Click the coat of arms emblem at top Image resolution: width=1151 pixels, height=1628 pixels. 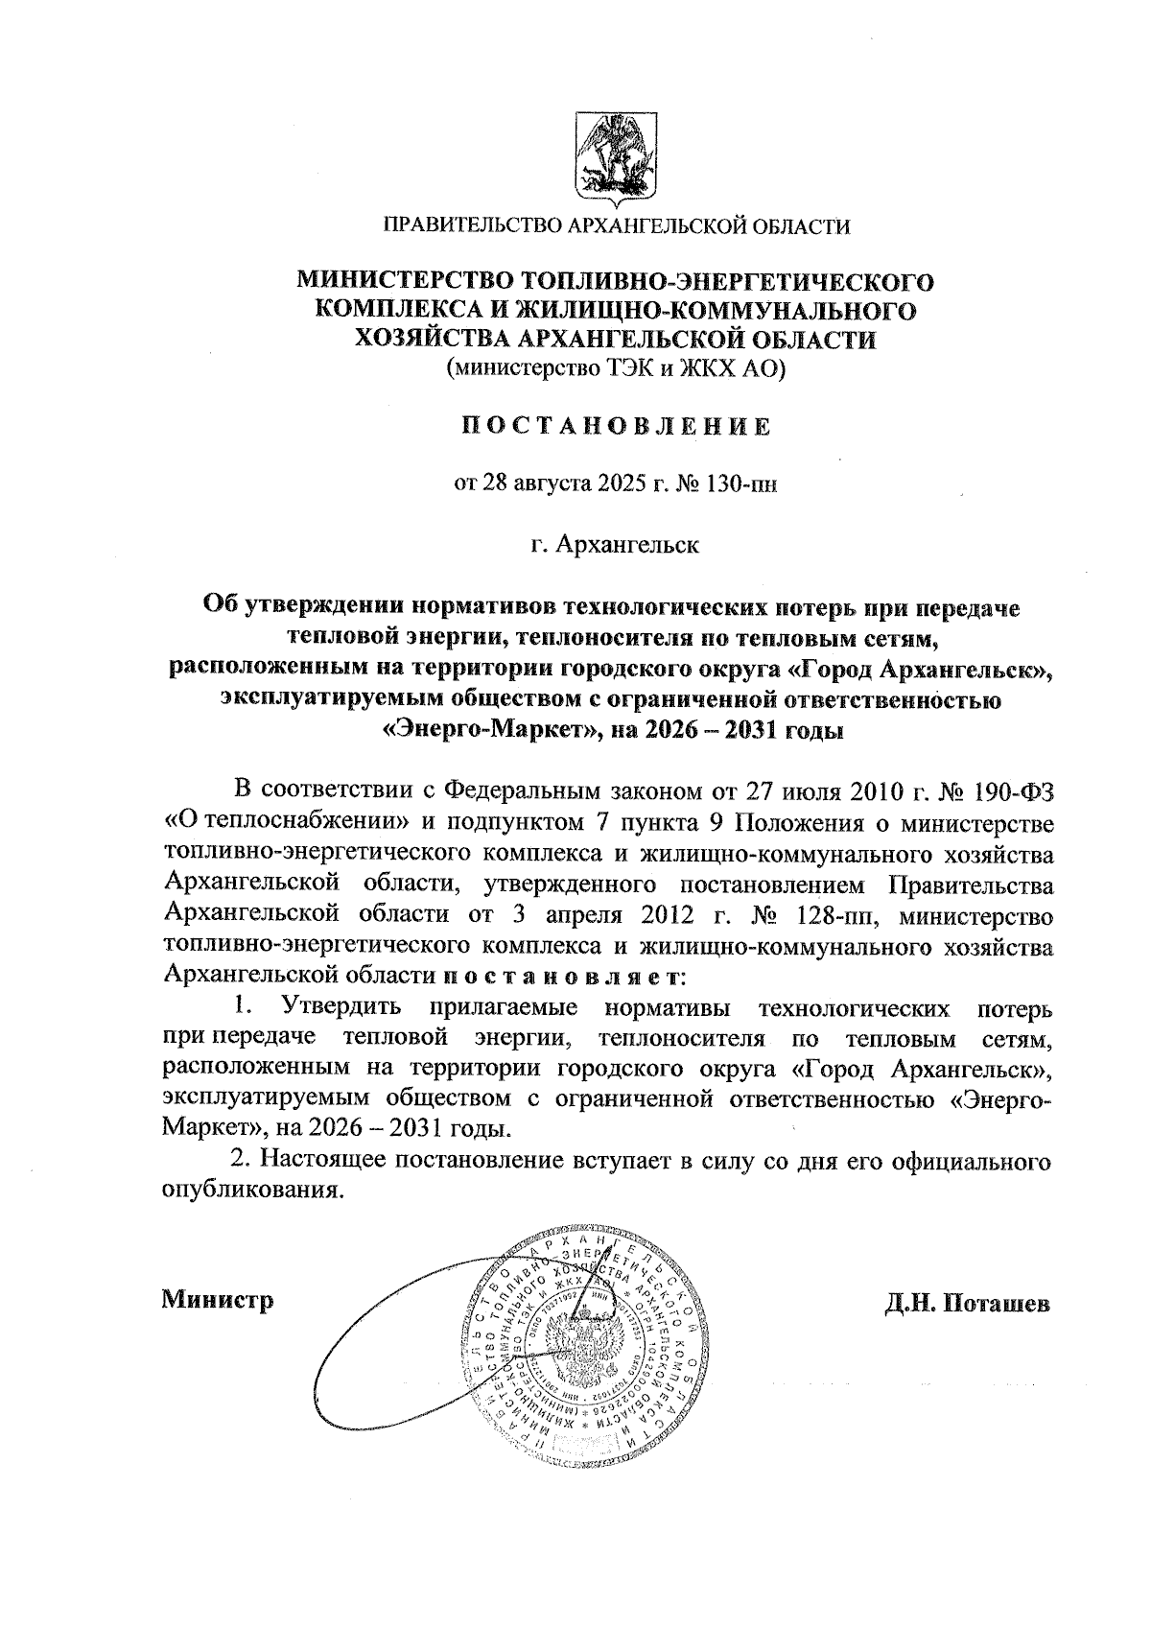616,156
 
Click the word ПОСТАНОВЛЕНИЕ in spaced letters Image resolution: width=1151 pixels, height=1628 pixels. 615,426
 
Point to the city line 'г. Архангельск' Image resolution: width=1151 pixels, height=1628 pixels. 616,546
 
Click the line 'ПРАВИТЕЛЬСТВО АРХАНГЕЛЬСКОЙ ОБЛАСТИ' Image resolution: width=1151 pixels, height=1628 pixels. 616,226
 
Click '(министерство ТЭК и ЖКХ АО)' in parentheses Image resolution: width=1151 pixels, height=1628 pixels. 615,366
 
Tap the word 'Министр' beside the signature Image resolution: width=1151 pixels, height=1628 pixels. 219,1301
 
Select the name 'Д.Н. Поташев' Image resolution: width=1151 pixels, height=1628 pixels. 968,1303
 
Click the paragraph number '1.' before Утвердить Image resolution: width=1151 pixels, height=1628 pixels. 245,1007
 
